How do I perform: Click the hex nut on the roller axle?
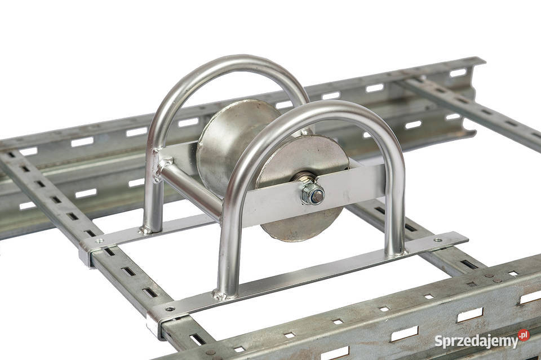(312, 194)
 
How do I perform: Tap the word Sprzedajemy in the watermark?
(477, 341)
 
